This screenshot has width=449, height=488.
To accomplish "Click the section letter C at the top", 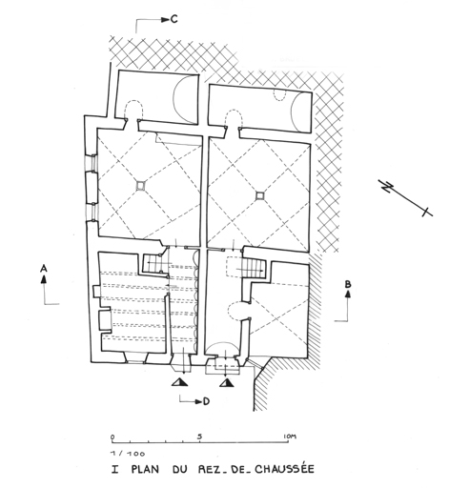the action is pyautogui.click(x=173, y=19).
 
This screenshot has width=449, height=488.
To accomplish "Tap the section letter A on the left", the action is pyautogui.click(x=44, y=269).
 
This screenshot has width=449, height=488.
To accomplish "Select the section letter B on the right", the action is pyautogui.click(x=348, y=284).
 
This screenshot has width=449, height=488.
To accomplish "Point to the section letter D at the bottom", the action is pyautogui.click(x=206, y=401).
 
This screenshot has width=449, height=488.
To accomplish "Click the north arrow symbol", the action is pyautogui.click(x=405, y=198).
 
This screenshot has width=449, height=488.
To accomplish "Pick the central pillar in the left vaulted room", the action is pyautogui.click(x=140, y=186).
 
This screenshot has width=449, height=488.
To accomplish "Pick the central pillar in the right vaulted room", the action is pyautogui.click(x=260, y=196).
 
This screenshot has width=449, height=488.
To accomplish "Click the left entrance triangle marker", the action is pyautogui.click(x=179, y=382).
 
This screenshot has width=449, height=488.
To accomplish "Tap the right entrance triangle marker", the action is pyautogui.click(x=227, y=383).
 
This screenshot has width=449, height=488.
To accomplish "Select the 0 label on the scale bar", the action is pyautogui.click(x=112, y=437).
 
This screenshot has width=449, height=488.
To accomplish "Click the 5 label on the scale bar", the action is pyautogui.click(x=199, y=437).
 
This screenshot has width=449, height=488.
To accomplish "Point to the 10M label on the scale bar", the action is pyautogui.click(x=289, y=437).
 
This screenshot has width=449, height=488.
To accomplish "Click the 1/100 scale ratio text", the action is pyautogui.click(x=128, y=454).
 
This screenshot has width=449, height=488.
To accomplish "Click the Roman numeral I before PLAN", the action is pyautogui.click(x=114, y=470).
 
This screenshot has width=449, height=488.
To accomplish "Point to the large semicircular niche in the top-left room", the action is pyautogui.click(x=185, y=99).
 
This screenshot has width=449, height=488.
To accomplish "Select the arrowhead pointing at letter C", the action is pyautogui.click(x=165, y=20).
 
